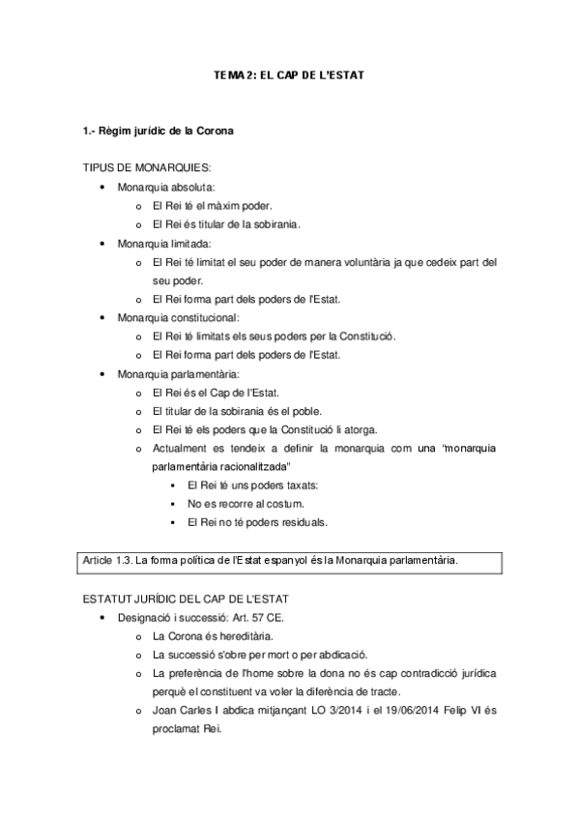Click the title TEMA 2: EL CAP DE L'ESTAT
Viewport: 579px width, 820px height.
tap(289, 73)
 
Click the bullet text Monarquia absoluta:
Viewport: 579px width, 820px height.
tap(166, 187)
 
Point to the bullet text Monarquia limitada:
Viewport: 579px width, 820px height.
tap(163, 243)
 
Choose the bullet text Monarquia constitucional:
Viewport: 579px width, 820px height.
tap(179, 317)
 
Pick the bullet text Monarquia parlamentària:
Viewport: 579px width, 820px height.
tap(179, 373)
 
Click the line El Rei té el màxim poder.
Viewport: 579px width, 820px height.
tap(213, 205)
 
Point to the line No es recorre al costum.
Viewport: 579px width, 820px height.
tap(246, 504)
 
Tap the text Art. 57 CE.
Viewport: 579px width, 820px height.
tap(280, 617)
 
